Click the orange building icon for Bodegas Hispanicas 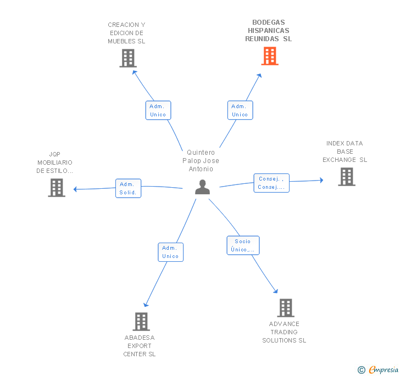coord(270,56)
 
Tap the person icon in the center coord(202,187)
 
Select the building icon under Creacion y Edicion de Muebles coord(128,58)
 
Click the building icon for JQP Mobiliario coord(57,188)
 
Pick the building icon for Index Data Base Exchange coord(347,177)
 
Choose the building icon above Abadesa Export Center coord(141,322)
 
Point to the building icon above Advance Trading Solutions coord(286,308)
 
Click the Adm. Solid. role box coord(129,188)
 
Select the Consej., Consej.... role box coord(271,183)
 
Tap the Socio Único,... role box coord(243,245)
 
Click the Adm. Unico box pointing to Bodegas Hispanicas coord(240,110)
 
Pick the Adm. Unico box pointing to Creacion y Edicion coord(158,110)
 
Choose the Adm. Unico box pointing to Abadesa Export coord(171,252)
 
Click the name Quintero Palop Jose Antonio coord(201,161)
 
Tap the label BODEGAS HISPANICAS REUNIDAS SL coord(268,31)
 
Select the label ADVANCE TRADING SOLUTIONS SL coord(284,332)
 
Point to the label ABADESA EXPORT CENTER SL coord(140,346)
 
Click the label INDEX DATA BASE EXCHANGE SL coord(345,151)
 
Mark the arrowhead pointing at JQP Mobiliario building coord(75,189)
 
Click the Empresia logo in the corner coord(378,369)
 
